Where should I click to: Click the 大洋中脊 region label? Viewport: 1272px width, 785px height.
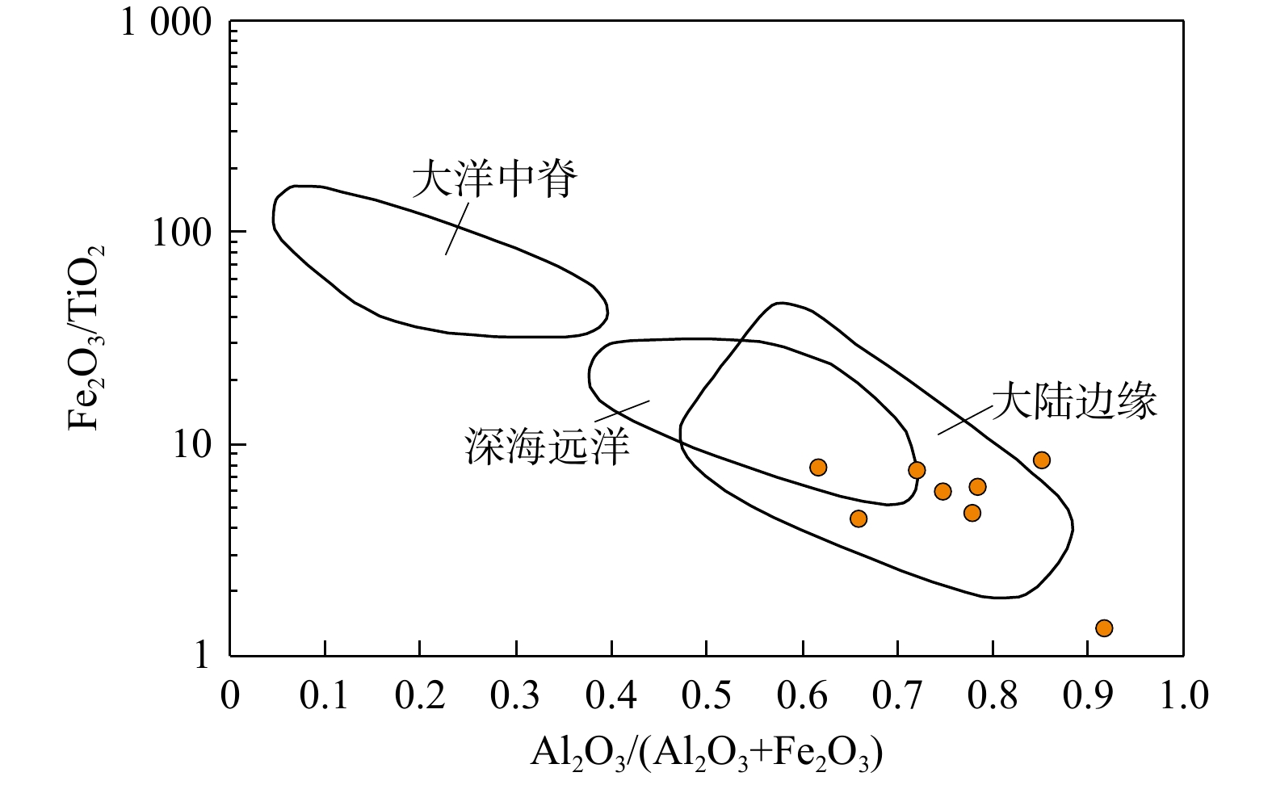click(494, 179)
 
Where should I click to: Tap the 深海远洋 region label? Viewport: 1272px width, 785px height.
click(546, 445)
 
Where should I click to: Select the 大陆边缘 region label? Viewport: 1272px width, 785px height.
click(1074, 401)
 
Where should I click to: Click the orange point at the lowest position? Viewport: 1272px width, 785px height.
click(1104, 628)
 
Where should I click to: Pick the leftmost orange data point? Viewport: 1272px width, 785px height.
click(818, 468)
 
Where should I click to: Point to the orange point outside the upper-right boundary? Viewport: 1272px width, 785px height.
click(1042, 460)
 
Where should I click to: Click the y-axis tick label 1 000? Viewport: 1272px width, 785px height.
click(166, 23)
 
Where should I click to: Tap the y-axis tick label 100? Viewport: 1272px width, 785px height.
click(182, 233)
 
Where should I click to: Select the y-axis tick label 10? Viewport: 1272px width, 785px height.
click(191, 445)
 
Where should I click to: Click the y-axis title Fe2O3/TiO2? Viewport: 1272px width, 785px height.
click(86, 338)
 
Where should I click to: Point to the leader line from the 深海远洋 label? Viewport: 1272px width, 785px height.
click(623, 410)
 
